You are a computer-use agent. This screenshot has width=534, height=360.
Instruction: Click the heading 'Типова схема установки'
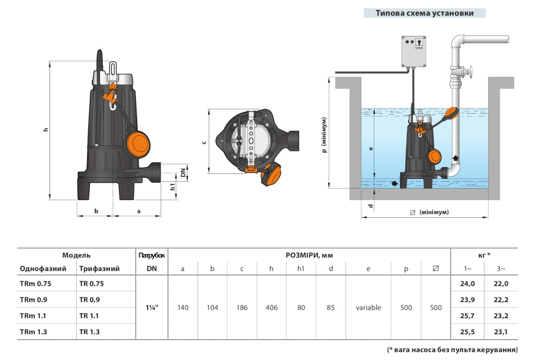click(424, 13)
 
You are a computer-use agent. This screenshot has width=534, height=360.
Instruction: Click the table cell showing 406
click(271, 308)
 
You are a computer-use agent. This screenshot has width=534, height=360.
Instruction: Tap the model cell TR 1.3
click(91, 331)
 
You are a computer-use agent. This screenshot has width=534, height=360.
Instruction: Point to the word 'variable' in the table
click(368, 308)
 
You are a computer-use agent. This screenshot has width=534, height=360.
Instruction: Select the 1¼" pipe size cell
click(152, 308)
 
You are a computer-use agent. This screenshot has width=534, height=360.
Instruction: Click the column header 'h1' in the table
click(301, 269)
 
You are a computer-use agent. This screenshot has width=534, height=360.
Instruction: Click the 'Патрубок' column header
click(152, 255)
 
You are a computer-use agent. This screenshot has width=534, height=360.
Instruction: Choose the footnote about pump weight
click(452, 349)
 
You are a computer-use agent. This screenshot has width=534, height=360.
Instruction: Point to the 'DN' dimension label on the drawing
click(183, 172)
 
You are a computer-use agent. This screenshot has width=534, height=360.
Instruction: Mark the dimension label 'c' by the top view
click(204, 142)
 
